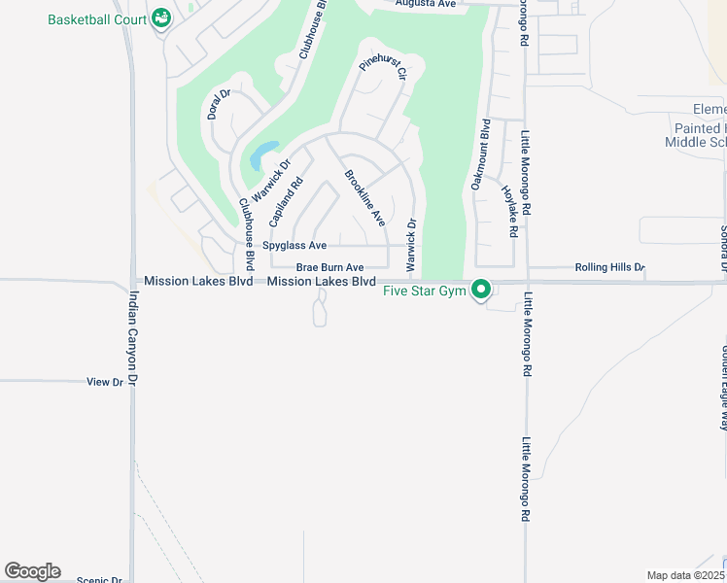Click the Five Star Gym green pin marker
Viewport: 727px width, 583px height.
click(x=480, y=290)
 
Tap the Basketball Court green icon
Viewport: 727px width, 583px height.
click(x=161, y=17)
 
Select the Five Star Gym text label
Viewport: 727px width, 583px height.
click(x=425, y=291)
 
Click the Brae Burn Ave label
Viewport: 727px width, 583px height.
click(x=329, y=267)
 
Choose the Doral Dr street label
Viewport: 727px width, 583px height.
click(x=219, y=105)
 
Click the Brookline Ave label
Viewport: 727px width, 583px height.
click(x=364, y=198)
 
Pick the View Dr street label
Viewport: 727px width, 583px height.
click(x=105, y=382)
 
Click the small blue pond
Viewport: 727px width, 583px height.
click(x=261, y=155)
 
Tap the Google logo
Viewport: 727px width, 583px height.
click(x=33, y=571)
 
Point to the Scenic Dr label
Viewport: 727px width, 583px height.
click(x=99, y=580)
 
